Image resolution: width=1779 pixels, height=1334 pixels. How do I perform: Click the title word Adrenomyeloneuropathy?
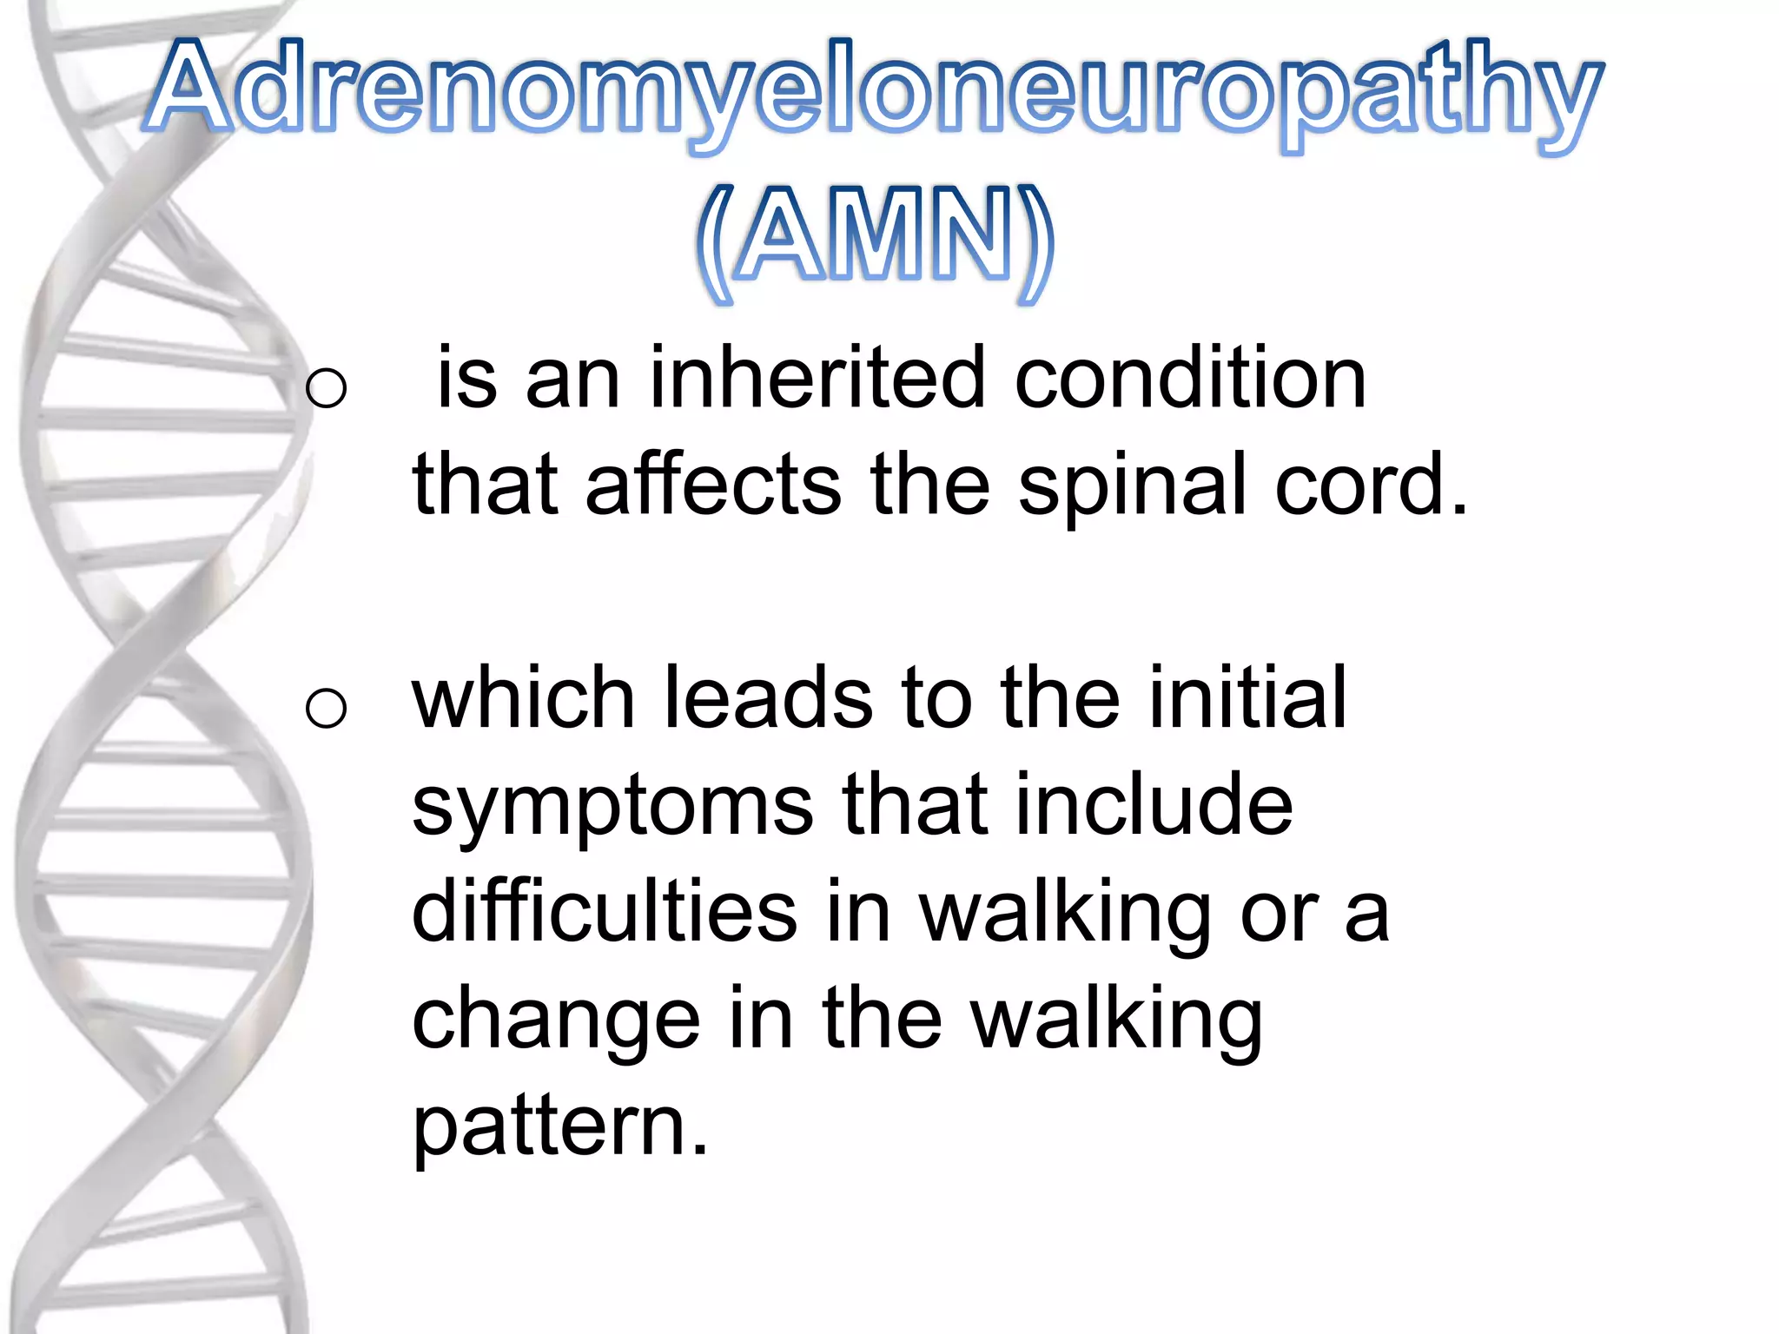coord(873,91)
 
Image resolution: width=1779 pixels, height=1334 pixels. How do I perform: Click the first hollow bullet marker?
coord(327,387)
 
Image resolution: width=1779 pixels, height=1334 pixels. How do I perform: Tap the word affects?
coord(712,485)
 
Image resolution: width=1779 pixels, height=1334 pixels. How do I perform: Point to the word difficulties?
coord(604,912)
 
